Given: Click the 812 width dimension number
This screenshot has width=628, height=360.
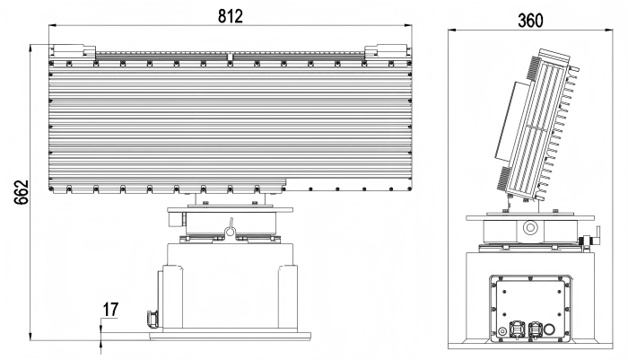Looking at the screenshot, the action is pyautogui.click(x=231, y=16).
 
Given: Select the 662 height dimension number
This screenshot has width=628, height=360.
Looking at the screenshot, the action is pyautogui.click(x=22, y=192).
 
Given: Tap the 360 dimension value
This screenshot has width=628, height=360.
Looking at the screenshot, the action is pyautogui.click(x=530, y=21).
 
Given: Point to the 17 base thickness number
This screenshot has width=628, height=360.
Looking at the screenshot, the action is pyautogui.click(x=111, y=310).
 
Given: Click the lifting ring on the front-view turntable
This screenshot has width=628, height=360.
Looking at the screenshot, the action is pyautogui.click(x=231, y=229).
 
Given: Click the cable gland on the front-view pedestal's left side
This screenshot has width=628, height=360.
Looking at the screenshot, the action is pyautogui.click(x=153, y=320).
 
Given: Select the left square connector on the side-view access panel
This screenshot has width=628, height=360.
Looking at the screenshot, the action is pyautogui.click(x=516, y=329).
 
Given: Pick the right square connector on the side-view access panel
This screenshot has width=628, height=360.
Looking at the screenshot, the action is pyautogui.click(x=535, y=329).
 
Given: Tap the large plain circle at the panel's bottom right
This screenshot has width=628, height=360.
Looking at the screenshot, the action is pyautogui.click(x=549, y=330).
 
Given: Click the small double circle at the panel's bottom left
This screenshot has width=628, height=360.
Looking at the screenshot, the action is pyautogui.click(x=502, y=331).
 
